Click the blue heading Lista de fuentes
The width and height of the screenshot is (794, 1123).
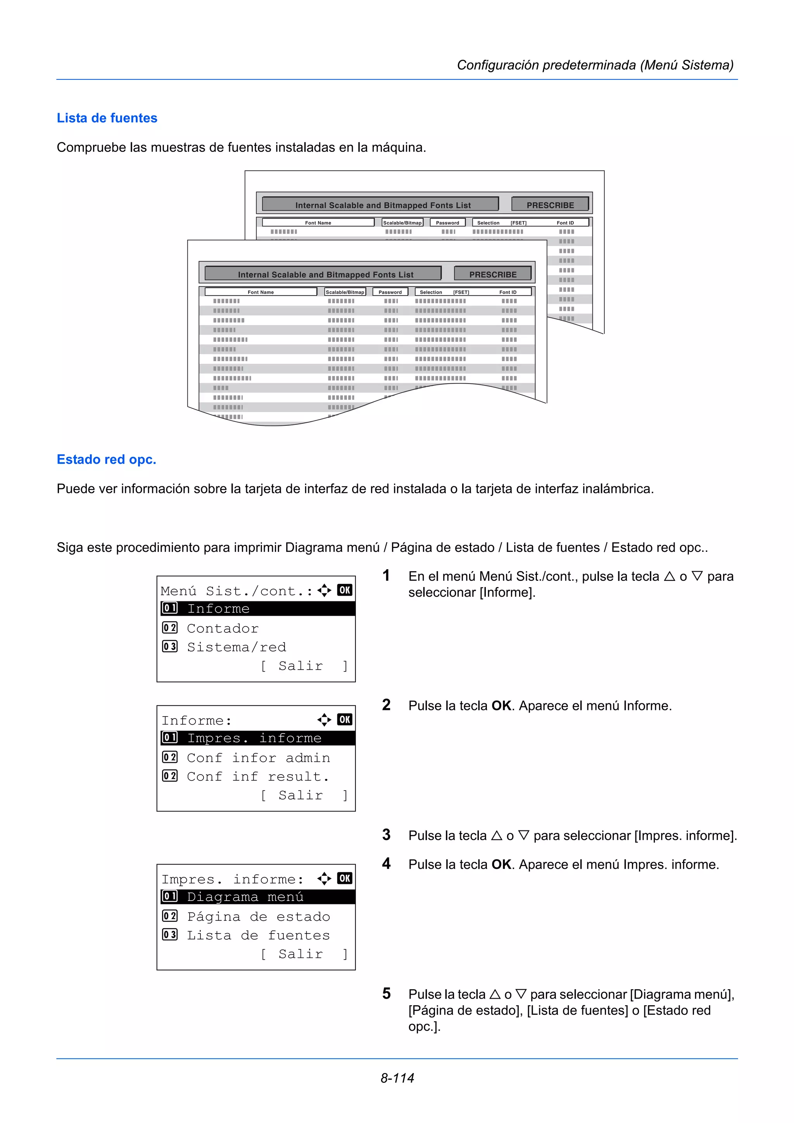point(107,118)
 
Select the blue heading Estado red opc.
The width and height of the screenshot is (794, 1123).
point(106,459)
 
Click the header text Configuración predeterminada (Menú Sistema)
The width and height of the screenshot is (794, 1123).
point(595,65)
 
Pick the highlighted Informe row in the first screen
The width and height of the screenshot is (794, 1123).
point(256,608)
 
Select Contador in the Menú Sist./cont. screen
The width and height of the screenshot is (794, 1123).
point(223,628)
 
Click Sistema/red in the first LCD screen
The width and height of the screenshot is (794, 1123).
point(236,647)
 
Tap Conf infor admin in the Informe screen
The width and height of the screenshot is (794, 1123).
point(258,758)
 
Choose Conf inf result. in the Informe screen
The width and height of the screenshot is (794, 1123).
point(258,776)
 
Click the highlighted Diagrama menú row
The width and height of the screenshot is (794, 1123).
point(256,897)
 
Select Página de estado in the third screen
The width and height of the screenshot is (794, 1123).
point(258,916)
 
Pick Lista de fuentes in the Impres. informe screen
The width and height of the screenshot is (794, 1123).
point(258,935)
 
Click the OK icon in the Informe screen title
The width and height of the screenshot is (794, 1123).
point(344,720)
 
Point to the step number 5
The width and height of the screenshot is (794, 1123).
point(387,994)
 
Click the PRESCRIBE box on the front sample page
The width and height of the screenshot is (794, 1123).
point(493,274)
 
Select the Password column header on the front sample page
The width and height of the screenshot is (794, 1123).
point(390,292)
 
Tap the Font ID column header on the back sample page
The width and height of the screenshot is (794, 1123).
point(565,222)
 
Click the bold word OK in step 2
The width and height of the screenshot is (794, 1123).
point(501,705)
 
